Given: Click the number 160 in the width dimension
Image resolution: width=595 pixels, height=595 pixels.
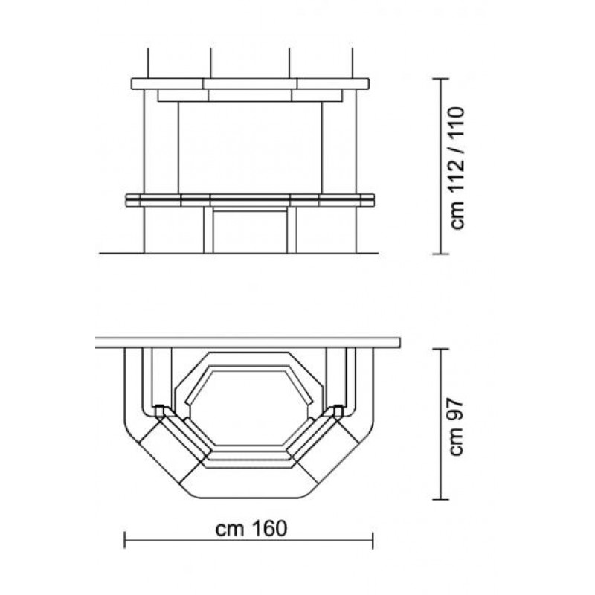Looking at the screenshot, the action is (x=269, y=528).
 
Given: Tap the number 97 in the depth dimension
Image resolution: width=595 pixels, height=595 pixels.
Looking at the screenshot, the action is (x=456, y=408).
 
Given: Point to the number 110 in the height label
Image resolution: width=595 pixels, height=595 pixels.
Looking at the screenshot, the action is (x=457, y=126).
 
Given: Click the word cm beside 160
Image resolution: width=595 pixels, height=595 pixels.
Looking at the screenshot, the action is (x=229, y=530).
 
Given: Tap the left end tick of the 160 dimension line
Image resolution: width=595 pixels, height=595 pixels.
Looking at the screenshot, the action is (x=124, y=540).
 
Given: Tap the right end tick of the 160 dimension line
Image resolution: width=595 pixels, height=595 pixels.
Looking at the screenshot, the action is (x=373, y=540).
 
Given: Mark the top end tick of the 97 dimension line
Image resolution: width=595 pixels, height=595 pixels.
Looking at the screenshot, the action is (x=440, y=349).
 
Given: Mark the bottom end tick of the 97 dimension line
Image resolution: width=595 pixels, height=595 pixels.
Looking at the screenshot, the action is (x=440, y=499).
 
